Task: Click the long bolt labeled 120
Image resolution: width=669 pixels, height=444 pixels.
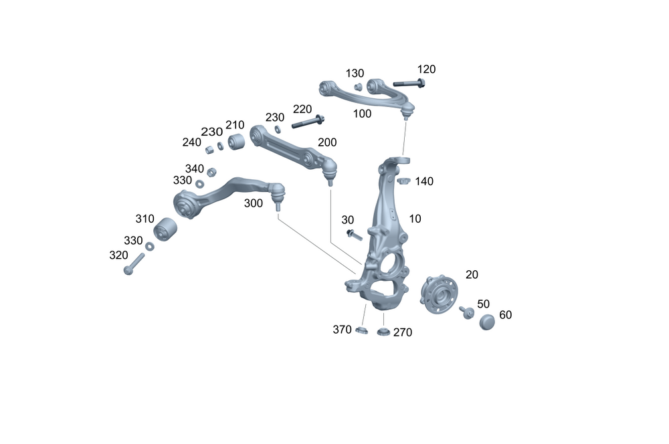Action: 409,84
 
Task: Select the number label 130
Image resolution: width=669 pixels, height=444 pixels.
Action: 355,73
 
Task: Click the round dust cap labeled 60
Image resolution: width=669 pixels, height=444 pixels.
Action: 488,322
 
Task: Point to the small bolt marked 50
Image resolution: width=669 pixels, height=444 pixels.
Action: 466,312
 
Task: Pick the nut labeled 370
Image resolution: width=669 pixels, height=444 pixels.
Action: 361,330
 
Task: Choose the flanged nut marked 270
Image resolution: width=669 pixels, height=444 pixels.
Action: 383,332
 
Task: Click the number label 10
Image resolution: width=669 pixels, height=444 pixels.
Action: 415,219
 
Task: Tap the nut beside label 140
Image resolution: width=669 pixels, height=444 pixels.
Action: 403,180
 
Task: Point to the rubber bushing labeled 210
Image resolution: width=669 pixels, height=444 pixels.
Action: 235,142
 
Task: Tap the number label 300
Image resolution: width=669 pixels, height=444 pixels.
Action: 253,203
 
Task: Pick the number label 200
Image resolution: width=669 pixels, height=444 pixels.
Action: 327,142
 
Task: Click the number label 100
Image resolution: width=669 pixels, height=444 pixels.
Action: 362,114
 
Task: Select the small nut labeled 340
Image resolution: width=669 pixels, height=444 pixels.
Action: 211,172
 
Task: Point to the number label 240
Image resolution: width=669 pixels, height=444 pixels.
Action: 192,142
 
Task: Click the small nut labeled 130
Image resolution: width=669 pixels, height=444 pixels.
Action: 358,86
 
